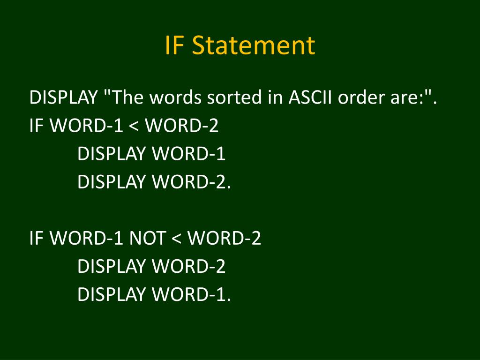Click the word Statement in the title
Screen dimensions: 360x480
(x=254, y=45)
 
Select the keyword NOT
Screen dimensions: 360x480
(x=147, y=239)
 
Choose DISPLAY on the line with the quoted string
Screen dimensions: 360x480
(x=63, y=98)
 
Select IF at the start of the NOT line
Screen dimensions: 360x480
(x=37, y=239)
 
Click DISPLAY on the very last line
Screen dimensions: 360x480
(x=111, y=295)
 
